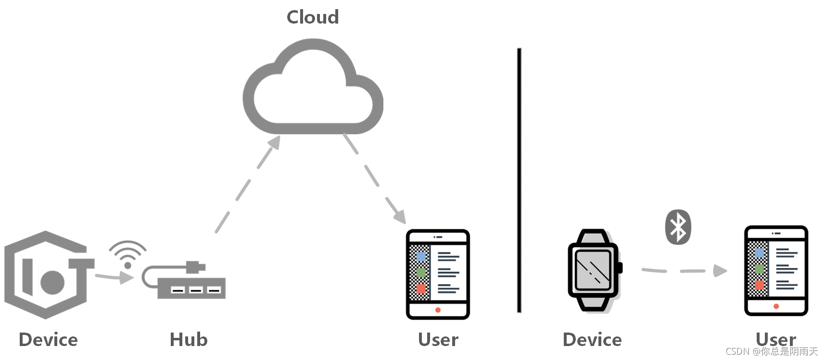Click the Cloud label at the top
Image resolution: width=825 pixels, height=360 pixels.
tap(313, 17)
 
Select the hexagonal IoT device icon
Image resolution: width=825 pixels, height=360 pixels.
tap(47, 275)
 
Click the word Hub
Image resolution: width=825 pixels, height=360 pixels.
tap(189, 340)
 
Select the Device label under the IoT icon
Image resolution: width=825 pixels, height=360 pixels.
tap(48, 340)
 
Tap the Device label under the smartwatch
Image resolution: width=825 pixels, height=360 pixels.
tap(592, 340)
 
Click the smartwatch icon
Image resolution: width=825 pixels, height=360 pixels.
tap(595, 270)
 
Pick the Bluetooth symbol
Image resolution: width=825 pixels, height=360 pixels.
tap(678, 227)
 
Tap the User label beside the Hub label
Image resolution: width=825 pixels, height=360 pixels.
tap(438, 340)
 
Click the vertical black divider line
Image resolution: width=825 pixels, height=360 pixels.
tap(519, 180)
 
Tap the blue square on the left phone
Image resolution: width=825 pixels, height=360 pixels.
tap(421, 257)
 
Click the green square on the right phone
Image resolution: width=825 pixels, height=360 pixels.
tap(759, 269)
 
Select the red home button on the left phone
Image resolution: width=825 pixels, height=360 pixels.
tap(438, 310)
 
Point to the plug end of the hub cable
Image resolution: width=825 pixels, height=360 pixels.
tap(195, 267)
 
